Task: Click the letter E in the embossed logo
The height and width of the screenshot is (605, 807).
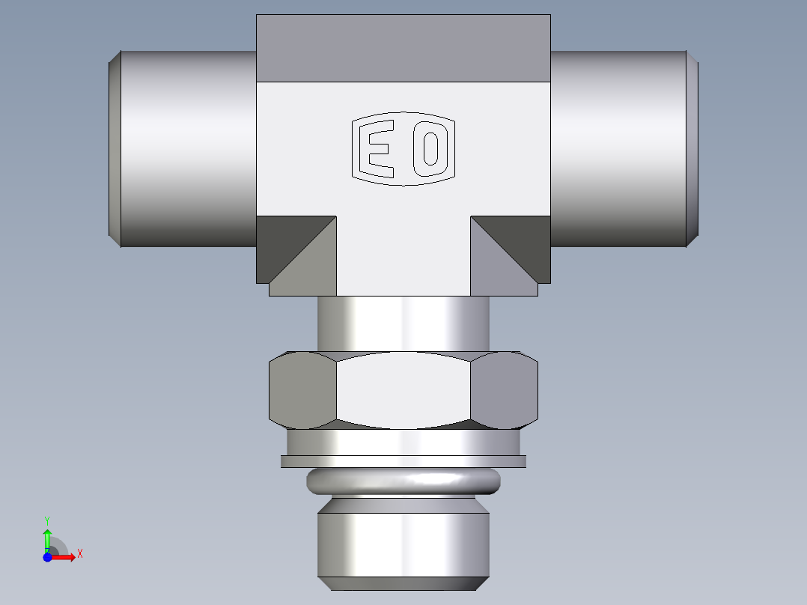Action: point(378,149)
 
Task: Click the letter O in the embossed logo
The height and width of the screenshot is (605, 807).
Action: point(430,149)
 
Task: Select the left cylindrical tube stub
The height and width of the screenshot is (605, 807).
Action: point(187,148)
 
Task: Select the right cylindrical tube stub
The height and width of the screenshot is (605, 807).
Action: point(618,148)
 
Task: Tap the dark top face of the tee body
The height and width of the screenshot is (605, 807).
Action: point(403,48)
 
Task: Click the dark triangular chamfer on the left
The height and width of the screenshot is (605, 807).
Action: point(284,240)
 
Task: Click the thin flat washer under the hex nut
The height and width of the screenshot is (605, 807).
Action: point(403,461)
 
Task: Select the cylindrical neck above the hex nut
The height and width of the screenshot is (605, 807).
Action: point(403,322)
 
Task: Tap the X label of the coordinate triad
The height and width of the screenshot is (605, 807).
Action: point(79,554)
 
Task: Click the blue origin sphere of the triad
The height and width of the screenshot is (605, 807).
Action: point(47,558)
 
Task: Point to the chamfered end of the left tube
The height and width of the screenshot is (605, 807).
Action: point(115,148)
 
